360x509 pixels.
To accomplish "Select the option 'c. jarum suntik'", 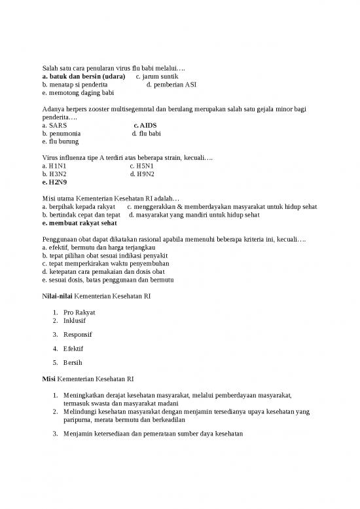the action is click(x=156, y=76).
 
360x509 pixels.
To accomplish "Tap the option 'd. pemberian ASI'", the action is click(x=171, y=85).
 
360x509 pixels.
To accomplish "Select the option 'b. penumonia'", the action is click(x=62, y=133).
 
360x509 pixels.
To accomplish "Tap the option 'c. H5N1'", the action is click(x=142, y=166).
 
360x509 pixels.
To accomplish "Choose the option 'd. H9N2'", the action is click(x=143, y=174).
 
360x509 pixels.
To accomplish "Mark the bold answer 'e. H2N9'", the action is click(x=54, y=182).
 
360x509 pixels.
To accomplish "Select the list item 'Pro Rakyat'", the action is click(x=79, y=312).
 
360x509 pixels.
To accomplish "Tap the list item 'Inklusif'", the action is click(x=75, y=321).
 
